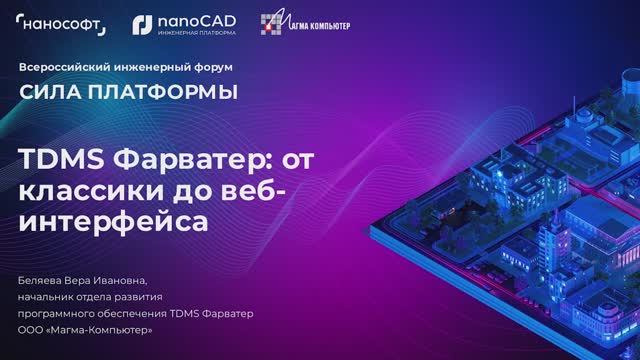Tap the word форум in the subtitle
[211, 67]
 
